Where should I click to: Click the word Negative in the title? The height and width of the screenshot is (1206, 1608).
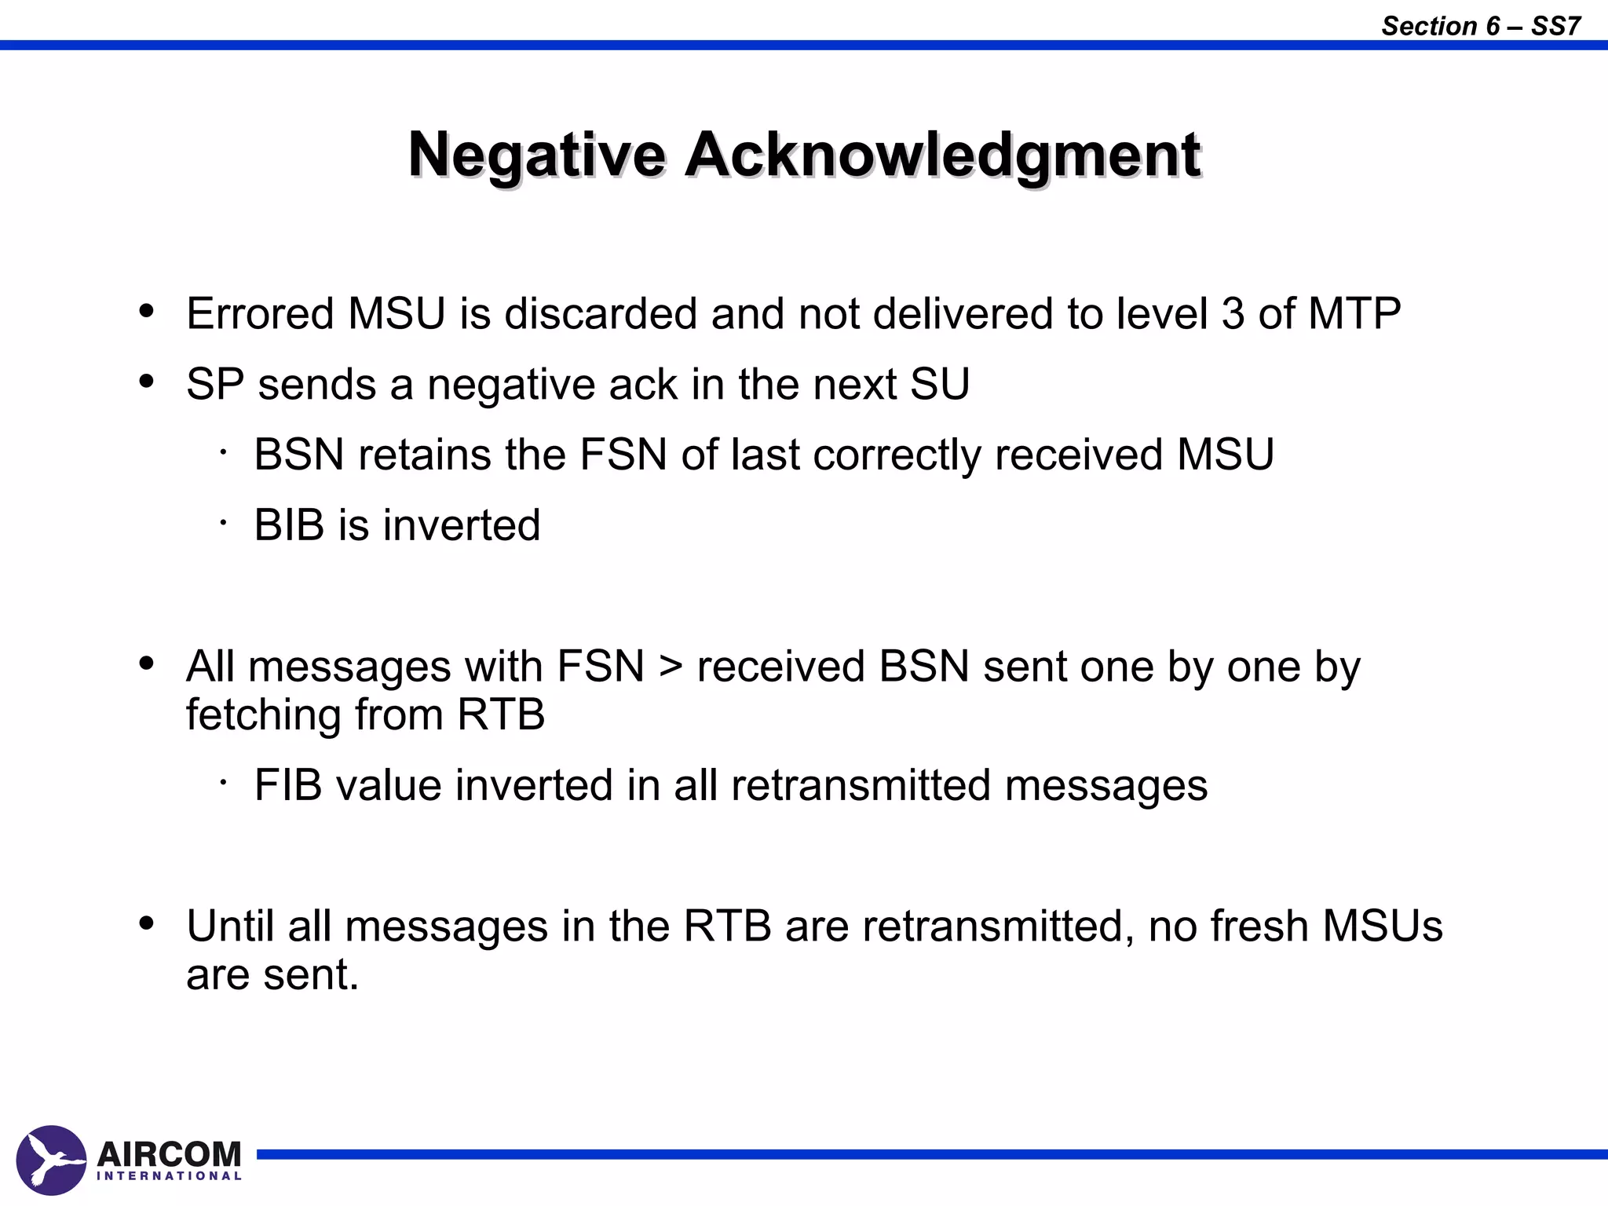[x=537, y=155]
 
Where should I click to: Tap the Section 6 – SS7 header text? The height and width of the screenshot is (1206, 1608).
[x=1480, y=26]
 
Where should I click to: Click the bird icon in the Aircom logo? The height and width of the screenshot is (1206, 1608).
[x=51, y=1160]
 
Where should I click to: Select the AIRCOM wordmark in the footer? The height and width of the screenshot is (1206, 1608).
[x=169, y=1153]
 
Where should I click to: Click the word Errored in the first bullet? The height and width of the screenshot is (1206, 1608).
[x=260, y=313]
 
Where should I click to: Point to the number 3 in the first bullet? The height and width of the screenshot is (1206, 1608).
[x=1233, y=313]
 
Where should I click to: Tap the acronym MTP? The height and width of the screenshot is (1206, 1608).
[x=1354, y=313]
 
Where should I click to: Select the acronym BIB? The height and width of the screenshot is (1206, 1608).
[x=288, y=524]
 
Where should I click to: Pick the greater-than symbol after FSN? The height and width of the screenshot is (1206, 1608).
[x=671, y=667]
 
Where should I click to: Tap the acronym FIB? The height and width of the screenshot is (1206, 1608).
[x=287, y=784]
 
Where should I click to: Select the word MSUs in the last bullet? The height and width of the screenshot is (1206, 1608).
[x=1382, y=926]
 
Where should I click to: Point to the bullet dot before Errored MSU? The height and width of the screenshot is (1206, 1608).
[x=146, y=312]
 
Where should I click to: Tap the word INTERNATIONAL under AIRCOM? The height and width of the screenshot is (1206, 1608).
[x=169, y=1176]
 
